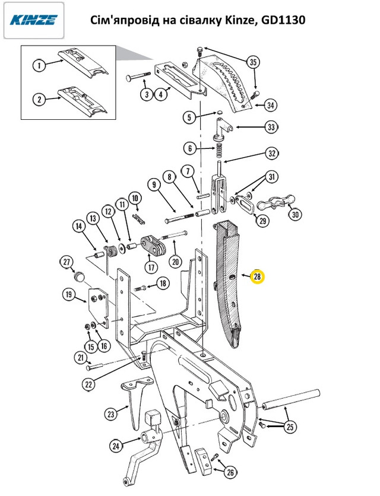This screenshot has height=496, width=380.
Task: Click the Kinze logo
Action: [34, 20]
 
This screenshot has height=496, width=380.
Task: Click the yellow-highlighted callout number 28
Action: [258, 277]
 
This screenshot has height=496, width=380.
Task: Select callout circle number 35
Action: [253, 62]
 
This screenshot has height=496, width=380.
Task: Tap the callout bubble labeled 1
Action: [39, 65]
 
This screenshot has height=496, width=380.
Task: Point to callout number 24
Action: [116, 446]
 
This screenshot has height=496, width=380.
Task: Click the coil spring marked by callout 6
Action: [218, 151]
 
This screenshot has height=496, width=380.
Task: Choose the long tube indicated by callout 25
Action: [290, 399]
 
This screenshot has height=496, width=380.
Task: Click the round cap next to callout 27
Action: [80, 276]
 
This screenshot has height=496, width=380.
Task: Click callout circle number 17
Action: [151, 267]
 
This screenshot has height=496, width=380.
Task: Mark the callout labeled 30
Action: [295, 214]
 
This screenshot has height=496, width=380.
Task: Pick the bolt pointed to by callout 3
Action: [138, 76]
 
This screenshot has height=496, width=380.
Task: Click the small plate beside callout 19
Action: [99, 307]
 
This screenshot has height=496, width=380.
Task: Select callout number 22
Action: [88, 384]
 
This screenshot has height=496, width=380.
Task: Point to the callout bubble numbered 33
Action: [271, 127]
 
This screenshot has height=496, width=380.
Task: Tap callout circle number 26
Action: [230, 473]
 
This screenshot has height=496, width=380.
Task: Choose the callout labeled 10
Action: [135, 198]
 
